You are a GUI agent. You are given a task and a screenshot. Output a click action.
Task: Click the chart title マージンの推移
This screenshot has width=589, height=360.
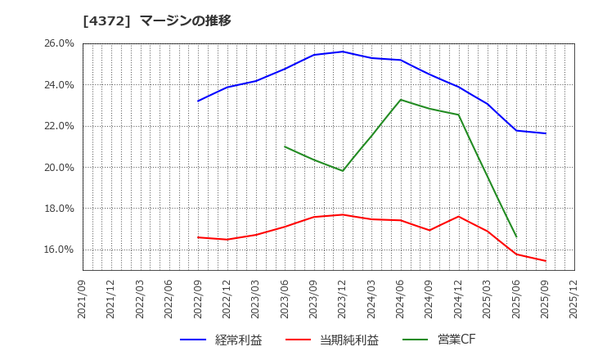[186, 20]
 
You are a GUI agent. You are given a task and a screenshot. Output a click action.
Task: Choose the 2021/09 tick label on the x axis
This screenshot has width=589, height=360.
[83, 299]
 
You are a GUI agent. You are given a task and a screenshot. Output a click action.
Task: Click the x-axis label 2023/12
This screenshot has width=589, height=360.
[343, 299]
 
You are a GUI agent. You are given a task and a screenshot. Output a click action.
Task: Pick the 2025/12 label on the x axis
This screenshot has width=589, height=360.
[574, 299]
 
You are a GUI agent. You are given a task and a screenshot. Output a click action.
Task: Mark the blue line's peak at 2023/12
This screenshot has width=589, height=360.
[343, 52]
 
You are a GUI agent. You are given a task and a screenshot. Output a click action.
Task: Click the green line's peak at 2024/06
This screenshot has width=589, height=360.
[401, 100]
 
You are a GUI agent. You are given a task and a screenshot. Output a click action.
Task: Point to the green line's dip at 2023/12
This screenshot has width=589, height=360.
[343, 171]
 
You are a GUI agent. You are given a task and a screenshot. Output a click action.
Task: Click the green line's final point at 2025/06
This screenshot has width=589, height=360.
[516, 236]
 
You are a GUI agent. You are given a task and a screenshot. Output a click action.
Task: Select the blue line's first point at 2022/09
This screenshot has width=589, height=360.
[198, 101]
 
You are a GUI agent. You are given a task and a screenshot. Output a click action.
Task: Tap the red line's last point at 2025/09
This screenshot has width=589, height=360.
[546, 261]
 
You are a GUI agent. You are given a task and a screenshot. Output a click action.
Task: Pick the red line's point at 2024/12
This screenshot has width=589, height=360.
[458, 217]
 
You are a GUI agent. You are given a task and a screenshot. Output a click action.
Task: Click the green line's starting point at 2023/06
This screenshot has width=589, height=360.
[285, 146]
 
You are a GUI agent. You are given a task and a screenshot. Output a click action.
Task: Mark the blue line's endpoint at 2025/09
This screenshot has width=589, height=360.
[546, 133]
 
